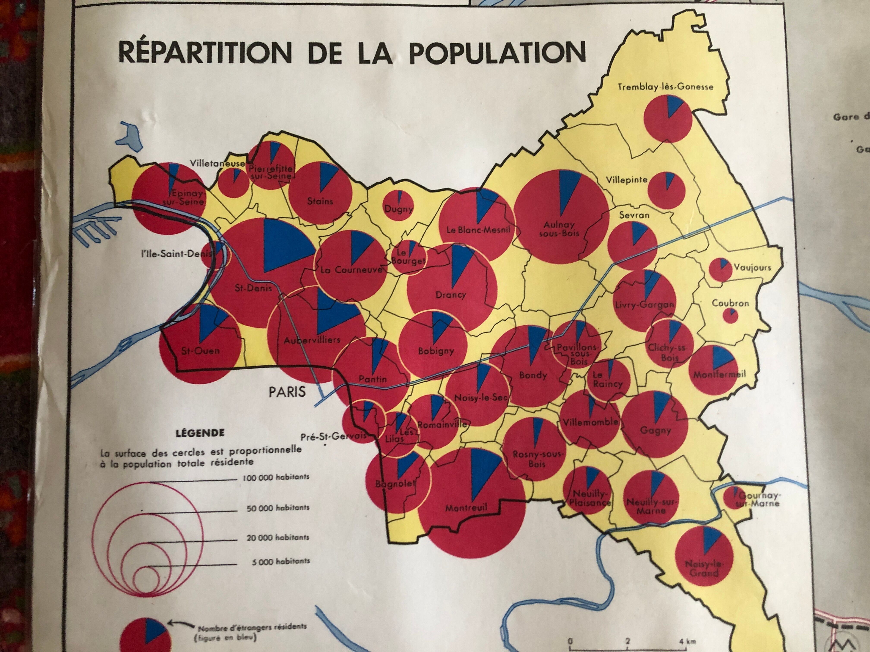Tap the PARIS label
tap(287, 391)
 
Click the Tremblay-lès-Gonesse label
tap(665, 87)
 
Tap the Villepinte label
tap(627, 180)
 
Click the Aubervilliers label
tap(312, 340)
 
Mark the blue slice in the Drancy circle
tap(460, 263)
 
